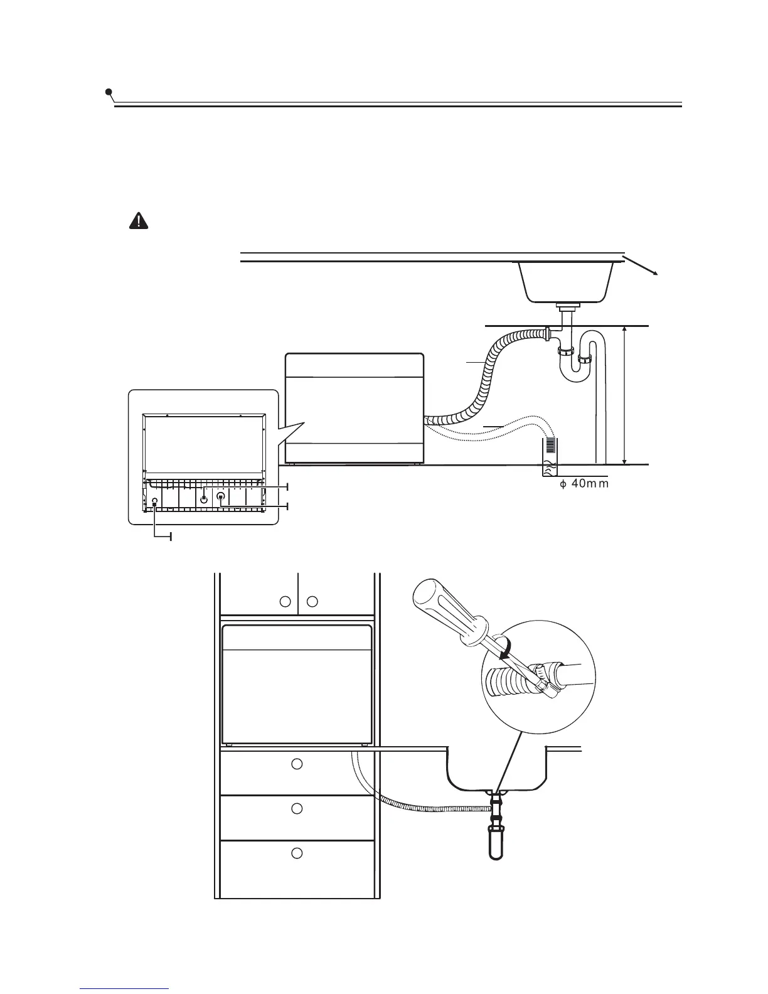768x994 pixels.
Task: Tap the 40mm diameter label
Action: point(584,483)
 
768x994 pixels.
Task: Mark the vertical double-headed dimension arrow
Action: point(625,395)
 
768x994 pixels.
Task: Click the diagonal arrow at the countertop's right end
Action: point(641,265)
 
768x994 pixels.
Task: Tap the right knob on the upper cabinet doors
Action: point(312,602)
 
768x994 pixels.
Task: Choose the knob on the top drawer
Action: point(297,764)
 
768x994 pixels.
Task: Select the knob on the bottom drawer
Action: point(297,853)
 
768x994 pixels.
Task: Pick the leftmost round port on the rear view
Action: point(154,501)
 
